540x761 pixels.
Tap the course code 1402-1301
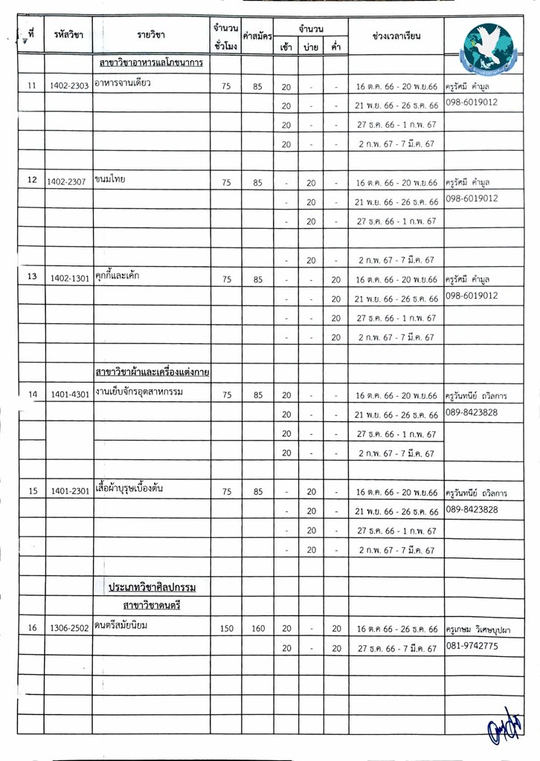click(x=68, y=278)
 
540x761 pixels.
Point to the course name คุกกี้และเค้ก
click(x=118, y=276)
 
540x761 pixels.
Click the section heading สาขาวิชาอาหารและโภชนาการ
click(x=149, y=63)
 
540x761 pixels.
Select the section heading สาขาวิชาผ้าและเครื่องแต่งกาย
click(x=151, y=372)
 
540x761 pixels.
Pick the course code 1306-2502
click(x=68, y=629)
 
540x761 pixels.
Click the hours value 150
click(x=226, y=629)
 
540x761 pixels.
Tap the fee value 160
click(x=257, y=629)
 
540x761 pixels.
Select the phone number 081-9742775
click(x=472, y=647)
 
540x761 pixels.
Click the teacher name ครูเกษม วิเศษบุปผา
click(x=480, y=629)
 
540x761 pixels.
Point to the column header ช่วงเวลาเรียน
click(x=396, y=36)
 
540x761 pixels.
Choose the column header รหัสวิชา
click(x=68, y=35)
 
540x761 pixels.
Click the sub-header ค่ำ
click(x=336, y=47)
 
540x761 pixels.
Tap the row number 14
click(x=31, y=395)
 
